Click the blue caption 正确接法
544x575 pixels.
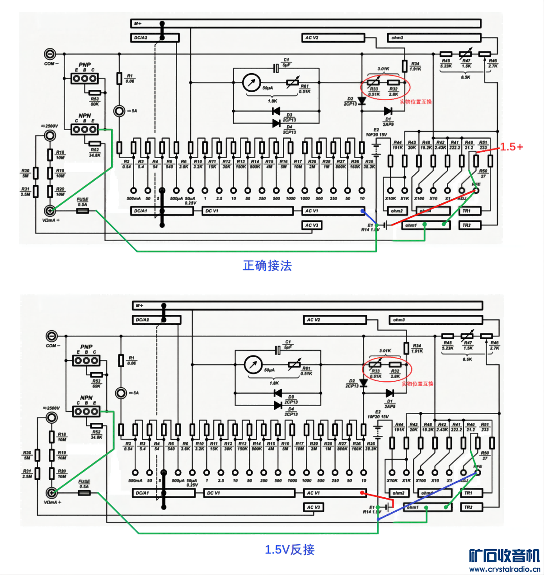[267, 266]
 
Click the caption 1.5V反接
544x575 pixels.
[290, 550]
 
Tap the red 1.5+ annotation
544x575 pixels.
[511, 147]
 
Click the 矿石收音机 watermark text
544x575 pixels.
[504, 556]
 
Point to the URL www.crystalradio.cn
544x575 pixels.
[504, 569]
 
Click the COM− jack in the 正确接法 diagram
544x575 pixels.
[50, 54]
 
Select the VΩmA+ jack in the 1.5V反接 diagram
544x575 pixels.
[52, 492]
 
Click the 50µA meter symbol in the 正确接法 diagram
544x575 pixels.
[251, 83]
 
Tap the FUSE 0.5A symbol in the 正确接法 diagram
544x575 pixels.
[82, 210]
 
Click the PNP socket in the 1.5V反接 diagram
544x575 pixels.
[86, 360]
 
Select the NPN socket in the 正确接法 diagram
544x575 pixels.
[84, 130]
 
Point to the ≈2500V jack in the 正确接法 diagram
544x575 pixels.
[50, 136]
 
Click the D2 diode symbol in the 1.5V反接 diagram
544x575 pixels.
[363, 383]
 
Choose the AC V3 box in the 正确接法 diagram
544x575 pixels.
[312, 225]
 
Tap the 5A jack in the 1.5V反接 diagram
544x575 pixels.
[121, 393]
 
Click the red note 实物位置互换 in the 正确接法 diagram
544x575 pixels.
[416, 102]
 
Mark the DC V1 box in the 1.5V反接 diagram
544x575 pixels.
[249, 493]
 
